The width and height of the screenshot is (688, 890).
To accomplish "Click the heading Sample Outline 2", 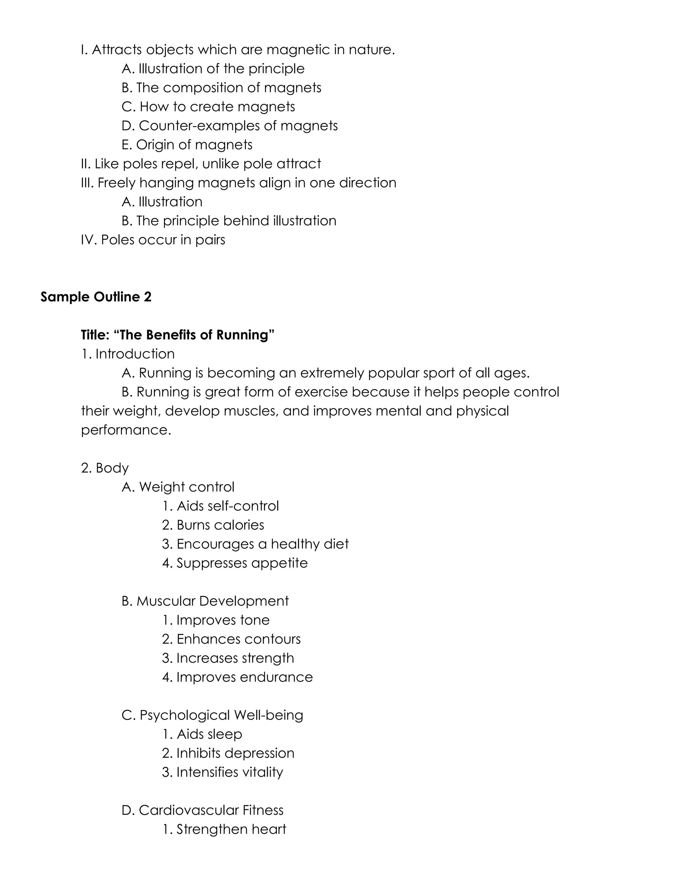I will click(96, 297).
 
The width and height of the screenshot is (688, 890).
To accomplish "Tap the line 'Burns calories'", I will click(213, 525).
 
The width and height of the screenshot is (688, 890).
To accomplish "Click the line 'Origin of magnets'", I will click(187, 145).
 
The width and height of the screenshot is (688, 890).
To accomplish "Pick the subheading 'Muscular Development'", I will click(205, 601).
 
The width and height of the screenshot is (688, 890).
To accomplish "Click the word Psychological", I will click(185, 715).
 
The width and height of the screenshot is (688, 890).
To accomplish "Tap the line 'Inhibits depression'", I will click(228, 753).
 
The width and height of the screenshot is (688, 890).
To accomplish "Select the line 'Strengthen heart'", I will click(224, 829).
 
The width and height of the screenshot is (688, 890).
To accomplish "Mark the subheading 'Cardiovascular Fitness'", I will click(203, 810).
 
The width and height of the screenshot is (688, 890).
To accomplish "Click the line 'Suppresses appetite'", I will click(235, 563).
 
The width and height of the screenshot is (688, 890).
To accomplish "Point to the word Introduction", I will click(135, 354).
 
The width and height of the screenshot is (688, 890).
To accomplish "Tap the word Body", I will click(112, 468).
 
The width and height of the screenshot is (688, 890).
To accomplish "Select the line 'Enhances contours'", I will click(231, 639).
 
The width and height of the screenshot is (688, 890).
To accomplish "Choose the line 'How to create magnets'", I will click(208, 107).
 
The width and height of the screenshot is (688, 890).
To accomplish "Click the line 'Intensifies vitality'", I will click(222, 772).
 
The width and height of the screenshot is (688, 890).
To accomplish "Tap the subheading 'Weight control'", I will click(178, 487).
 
